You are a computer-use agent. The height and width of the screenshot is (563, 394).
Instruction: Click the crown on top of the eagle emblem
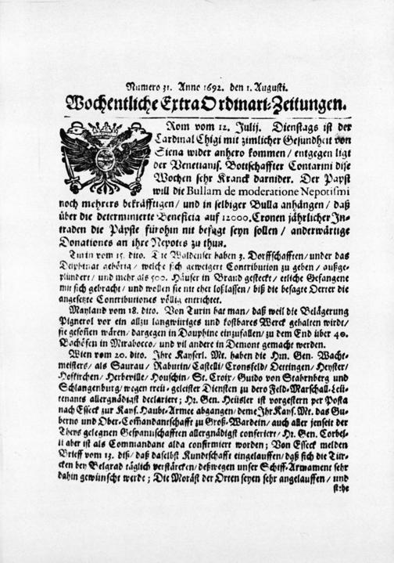coord(106,127)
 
